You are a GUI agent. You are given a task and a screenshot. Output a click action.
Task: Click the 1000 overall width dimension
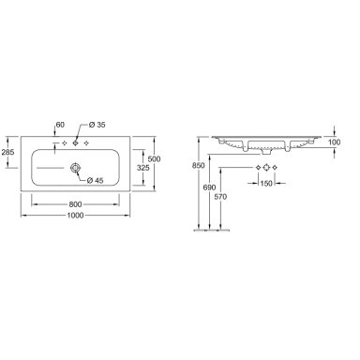pyautogui.click(x=75, y=216)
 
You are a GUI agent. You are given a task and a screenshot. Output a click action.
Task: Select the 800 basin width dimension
pyautogui.click(x=75, y=204)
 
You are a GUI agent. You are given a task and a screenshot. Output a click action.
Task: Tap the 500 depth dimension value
pyautogui.click(x=154, y=158)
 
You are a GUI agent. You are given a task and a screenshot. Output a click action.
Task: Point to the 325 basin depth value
pyautogui.click(x=143, y=168)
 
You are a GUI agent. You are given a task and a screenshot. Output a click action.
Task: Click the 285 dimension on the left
pyautogui.click(x=7, y=153)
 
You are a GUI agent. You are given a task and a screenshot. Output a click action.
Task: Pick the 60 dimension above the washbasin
pyautogui.click(x=60, y=125)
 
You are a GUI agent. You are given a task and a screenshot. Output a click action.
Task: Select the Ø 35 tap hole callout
pyautogui.click(x=97, y=125)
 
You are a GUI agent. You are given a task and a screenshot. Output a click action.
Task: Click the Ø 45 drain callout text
pyautogui.click(x=96, y=180)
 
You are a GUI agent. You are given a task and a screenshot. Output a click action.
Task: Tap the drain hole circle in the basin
pyautogui.click(x=75, y=168)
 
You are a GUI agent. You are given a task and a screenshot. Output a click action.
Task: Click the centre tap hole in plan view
pyautogui.click(x=75, y=143)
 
